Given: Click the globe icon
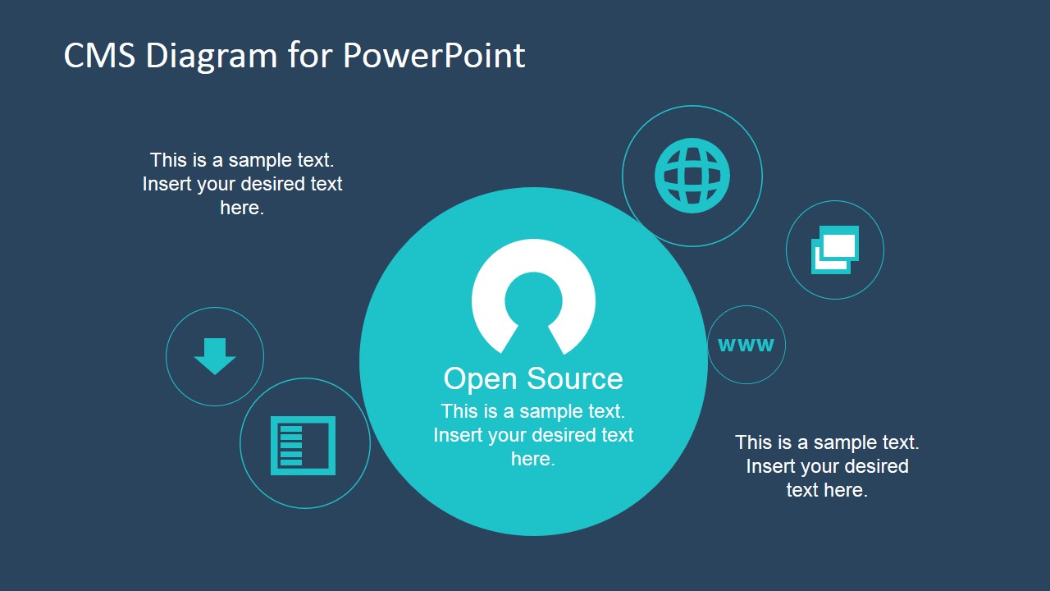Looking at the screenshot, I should [x=692, y=176].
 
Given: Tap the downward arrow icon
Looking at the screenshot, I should [x=215, y=355].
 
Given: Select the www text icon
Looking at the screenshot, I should [x=746, y=345].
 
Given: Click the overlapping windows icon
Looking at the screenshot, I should [x=835, y=250].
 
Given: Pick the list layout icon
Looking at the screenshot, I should [x=304, y=445].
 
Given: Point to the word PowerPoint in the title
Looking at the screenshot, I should [x=434, y=56].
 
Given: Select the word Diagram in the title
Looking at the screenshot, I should [x=212, y=56].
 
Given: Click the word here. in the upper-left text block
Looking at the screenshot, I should [x=242, y=208].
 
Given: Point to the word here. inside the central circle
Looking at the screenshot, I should [x=533, y=460].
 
